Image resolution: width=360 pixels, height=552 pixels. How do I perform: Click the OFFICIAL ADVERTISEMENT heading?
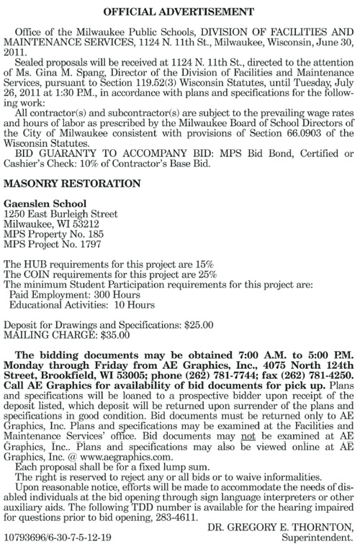[180, 12]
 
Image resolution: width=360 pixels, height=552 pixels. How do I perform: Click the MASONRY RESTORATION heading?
[72, 184]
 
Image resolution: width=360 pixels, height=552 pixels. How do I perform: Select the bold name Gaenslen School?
[46, 204]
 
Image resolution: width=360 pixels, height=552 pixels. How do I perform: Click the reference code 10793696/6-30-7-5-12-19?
[58, 538]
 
